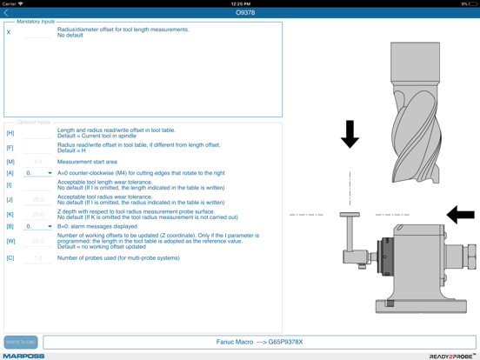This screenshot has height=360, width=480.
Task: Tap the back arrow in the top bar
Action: point(7,13)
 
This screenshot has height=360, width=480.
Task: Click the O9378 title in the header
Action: point(245,13)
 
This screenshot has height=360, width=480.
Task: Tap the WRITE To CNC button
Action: point(21,342)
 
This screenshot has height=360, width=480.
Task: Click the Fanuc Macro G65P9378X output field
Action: point(259,342)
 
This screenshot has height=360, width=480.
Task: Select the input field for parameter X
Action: point(37,33)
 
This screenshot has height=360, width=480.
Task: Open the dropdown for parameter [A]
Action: point(38,173)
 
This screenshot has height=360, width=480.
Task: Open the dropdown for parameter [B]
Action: point(38,226)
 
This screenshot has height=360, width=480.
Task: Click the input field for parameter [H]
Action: point(37,133)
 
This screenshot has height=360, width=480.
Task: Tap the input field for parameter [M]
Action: point(37,162)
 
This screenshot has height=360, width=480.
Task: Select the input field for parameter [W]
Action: point(37,241)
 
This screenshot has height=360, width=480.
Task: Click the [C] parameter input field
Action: point(37,258)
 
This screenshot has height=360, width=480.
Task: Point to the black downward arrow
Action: point(350,134)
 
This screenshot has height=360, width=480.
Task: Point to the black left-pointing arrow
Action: point(460,214)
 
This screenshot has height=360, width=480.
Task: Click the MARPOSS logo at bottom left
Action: point(23,356)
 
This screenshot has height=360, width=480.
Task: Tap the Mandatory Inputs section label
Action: point(36,22)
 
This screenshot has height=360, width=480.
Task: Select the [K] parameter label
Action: point(10,214)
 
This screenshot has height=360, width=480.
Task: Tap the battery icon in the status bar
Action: point(472,3)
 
